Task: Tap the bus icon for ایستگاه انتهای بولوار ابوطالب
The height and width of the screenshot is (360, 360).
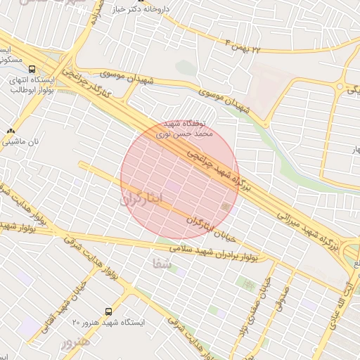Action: click(x=32, y=69)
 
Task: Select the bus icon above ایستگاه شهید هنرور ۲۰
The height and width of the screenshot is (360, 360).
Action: click(x=108, y=311)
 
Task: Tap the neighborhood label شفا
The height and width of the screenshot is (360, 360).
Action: click(x=160, y=264)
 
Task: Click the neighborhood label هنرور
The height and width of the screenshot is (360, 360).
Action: click(x=75, y=344)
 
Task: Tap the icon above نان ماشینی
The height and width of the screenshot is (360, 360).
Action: click(x=11, y=131)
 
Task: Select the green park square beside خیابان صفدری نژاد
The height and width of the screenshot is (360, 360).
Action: click(x=248, y=284)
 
